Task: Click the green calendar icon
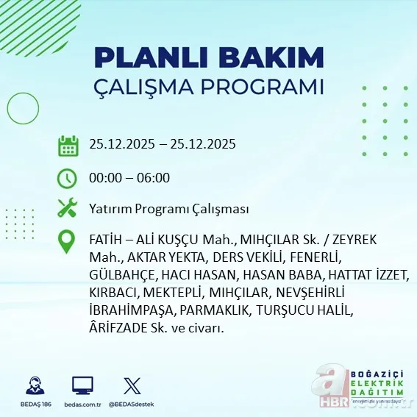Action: click(68, 145)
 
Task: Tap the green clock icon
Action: click(68, 178)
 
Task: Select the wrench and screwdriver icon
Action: click(68, 209)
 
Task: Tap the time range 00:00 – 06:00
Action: click(129, 178)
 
